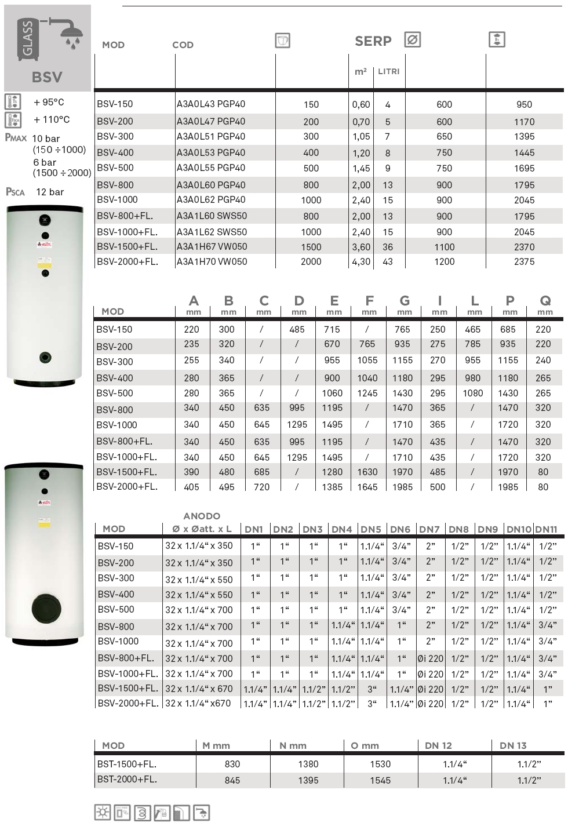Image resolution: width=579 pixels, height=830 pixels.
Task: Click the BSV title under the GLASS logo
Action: click(x=47, y=77)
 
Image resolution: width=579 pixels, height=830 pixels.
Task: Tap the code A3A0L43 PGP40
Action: click(x=211, y=104)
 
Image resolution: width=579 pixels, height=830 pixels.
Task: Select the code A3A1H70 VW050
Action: click(x=212, y=262)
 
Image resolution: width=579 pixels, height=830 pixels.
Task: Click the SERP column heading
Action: click(x=373, y=41)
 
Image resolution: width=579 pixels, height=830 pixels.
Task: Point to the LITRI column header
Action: click(x=388, y=71)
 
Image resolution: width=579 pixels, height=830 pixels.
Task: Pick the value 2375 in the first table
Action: click(x=524, y=262)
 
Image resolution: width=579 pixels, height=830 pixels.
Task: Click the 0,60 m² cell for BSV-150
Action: click(x=361, y=105)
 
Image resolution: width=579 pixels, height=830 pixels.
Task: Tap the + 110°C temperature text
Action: click(x=52, y=120)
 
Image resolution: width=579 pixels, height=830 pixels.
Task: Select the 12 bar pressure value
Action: click(x=50, y=192)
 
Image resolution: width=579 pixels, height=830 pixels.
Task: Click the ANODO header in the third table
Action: click(x=202, y=516)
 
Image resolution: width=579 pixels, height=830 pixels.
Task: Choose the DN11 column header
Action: click(x=547, y=529)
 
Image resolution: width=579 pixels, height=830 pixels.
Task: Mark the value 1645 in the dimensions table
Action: click(x=367, y=487)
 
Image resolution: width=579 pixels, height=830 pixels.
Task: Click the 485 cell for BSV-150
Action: click(x=297, y=330)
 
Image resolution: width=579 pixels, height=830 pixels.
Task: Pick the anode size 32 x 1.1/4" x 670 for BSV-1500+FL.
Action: click(x=199, y=689)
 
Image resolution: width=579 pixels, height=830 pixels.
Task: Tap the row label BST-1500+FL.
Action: click(x=127, y=765)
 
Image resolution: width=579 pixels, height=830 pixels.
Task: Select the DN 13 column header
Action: click(x=513, y=746)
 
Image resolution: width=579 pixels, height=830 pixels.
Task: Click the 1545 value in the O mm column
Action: click(x=380, y=781)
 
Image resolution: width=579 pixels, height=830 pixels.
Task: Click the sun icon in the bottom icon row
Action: click(x=103, y=813)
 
